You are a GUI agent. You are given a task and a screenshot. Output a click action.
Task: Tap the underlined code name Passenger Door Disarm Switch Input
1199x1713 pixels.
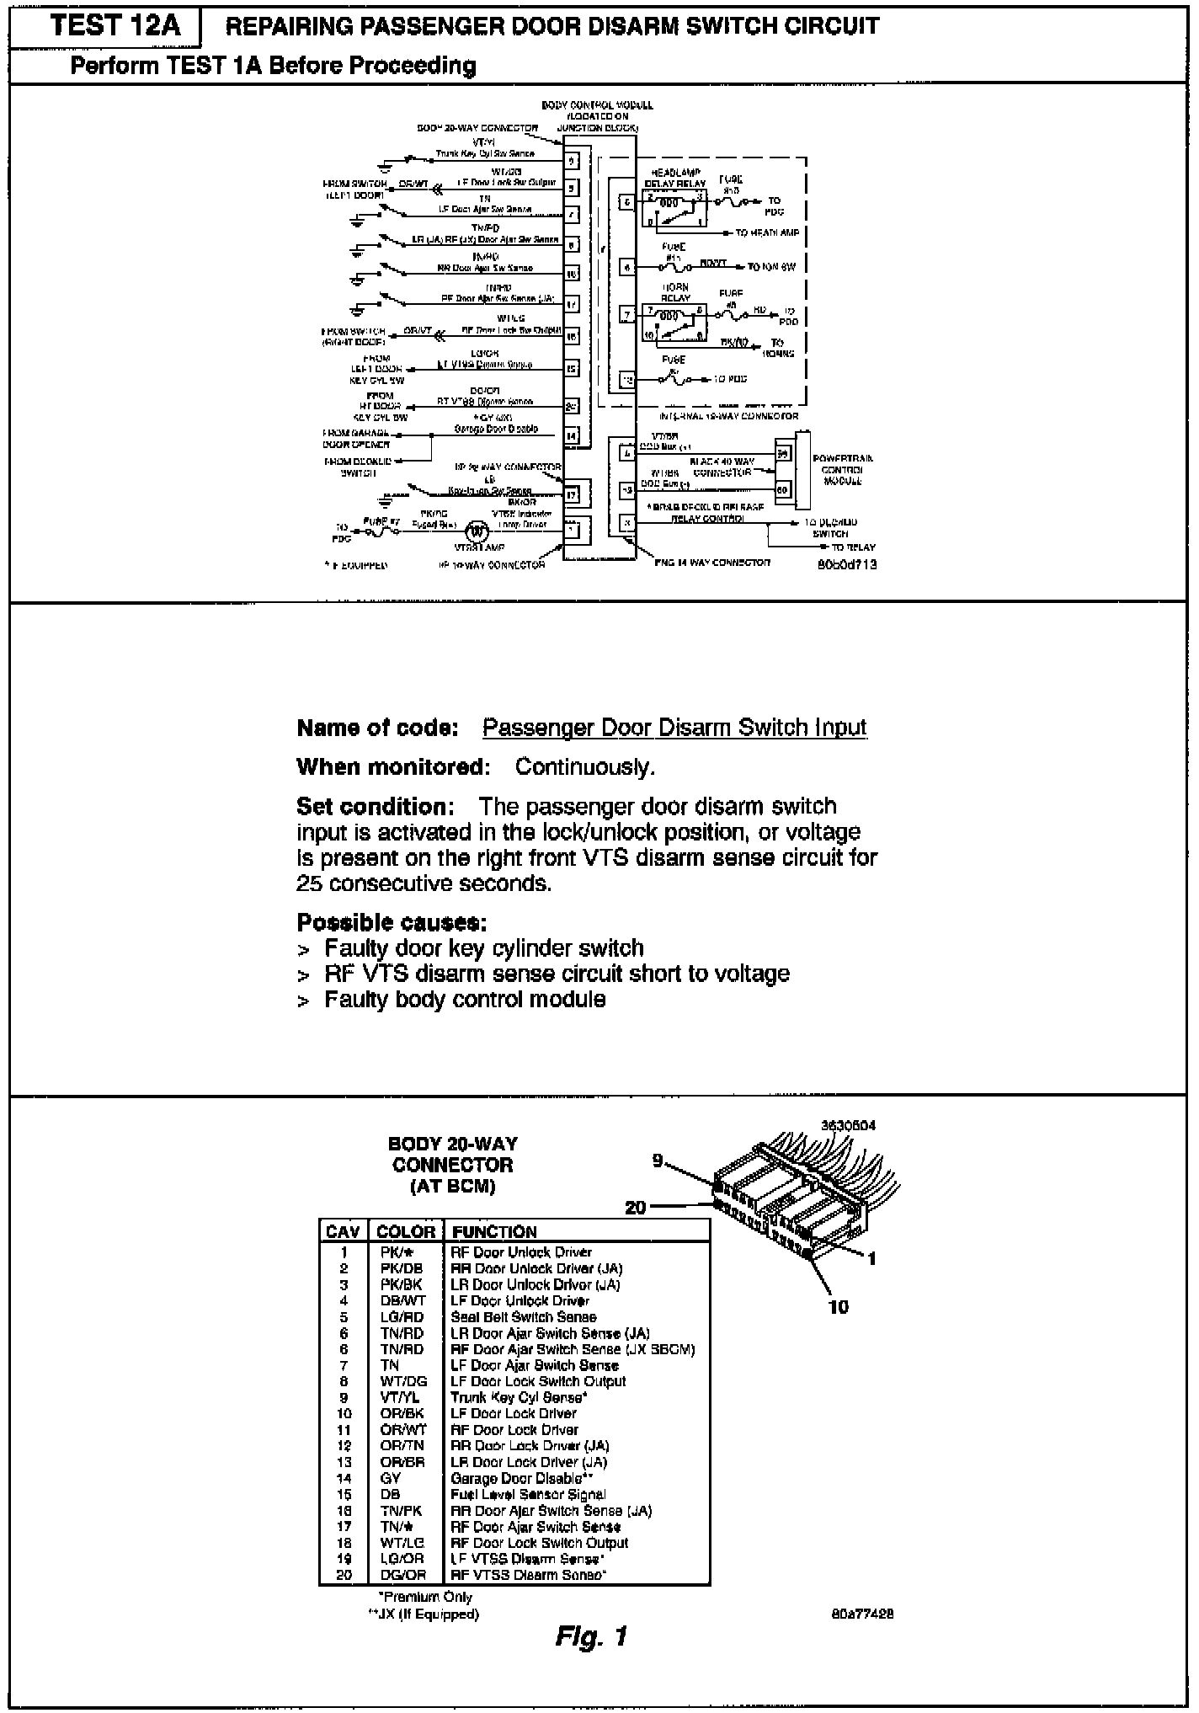pyautogui.click(x=674, y=728)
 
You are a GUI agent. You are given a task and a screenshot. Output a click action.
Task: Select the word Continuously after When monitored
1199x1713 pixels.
pyautogui.click(x=584, y=767)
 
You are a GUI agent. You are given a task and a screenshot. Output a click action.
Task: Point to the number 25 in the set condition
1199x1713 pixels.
pyautogui.click(x=309, y=883)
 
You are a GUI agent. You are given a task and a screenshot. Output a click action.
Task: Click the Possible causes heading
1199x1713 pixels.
pyautogui.click(x=392, y=922)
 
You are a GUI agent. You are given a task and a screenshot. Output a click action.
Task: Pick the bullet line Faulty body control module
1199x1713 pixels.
pyautogui.click(x=465, y=1000)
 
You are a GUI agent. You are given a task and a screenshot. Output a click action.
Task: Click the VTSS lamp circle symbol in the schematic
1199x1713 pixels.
pyautogui.click(x=477, y=531)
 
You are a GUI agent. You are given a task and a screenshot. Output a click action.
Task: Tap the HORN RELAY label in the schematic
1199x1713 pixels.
pyautogui.click(x=675, y=292)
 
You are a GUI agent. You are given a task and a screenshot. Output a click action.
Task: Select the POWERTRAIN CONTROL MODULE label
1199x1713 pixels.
pyautogui.click(x=842, y=470)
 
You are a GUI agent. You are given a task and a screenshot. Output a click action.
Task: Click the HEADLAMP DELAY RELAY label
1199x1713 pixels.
pyautogui.click(x=675, y=178)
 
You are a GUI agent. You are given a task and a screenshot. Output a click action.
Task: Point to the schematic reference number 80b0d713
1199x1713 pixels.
pyautogui.click(x=847, y=565)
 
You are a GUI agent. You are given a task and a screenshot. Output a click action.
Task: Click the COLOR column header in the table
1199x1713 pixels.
pyautogui.click(x=406, y=1232)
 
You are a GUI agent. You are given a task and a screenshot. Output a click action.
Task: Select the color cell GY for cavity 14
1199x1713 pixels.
pyautogui.click(x=392, y=1478)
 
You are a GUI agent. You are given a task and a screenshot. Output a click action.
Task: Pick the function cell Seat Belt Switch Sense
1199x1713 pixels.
pyautogui.click(x=524, y=1317)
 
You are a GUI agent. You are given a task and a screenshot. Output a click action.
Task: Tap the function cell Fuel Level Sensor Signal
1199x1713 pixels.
pyautogui.click(x=528, y=1494)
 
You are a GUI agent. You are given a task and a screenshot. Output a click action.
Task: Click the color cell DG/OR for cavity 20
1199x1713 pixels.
pyautogui.click(x=403, y=1575)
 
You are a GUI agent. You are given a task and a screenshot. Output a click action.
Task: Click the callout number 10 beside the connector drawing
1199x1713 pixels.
pyautogui.click(x=839, y=1307)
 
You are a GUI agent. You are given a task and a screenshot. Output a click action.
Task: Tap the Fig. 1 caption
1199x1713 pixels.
pyautogui.click(x=592, y=1636)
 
